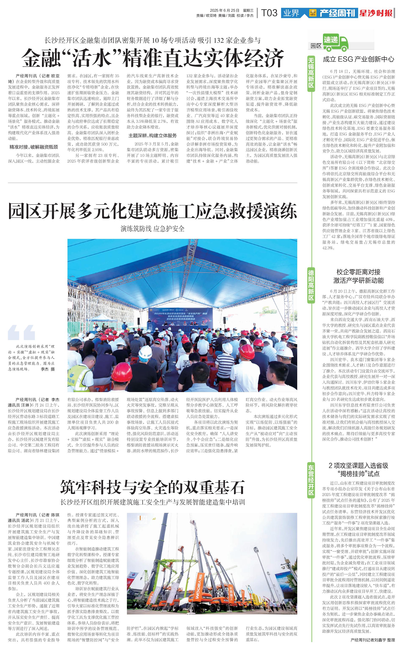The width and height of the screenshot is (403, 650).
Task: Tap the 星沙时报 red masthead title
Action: tap(376, 13)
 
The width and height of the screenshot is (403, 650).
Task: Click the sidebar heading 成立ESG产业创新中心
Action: tap(359, 59)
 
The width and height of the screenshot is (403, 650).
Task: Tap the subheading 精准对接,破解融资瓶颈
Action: tap(34, 147)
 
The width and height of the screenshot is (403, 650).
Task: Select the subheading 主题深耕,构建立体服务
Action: tap(153, 136)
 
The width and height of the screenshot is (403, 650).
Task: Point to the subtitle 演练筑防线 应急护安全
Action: tap(153, 229)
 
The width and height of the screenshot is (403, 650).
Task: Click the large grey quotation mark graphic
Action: tap(21, 332)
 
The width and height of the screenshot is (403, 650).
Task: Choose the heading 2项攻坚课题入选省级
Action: tap(359, 465)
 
